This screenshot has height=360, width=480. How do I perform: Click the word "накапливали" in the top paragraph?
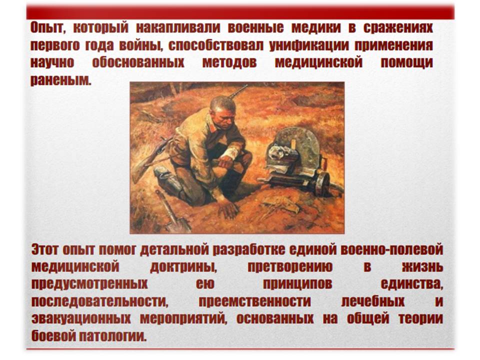tap(178, 27)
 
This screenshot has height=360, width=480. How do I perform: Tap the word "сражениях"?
tap(398, 27)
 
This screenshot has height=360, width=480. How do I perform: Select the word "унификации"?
tap(309, 45)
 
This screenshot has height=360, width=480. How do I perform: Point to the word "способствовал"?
tap(215, 45)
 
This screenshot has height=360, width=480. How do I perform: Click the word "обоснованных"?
tap(138, 62)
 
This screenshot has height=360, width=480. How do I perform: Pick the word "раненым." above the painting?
tap(61, 80)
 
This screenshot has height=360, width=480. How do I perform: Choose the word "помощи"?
tap(407, 62)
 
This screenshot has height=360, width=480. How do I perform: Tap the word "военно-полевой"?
tap(392, 249)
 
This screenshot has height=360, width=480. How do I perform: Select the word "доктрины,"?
tap(183, 267)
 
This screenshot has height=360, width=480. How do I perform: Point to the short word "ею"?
tap(205, 284)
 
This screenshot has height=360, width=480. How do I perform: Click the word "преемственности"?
tap(254, 301)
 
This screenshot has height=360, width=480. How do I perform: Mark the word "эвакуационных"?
tap(81, 318)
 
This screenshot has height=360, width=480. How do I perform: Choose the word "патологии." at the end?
tap(112, 336)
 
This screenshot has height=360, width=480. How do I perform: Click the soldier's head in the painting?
tap(223, 110)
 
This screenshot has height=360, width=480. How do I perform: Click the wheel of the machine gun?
tap(323, 183)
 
